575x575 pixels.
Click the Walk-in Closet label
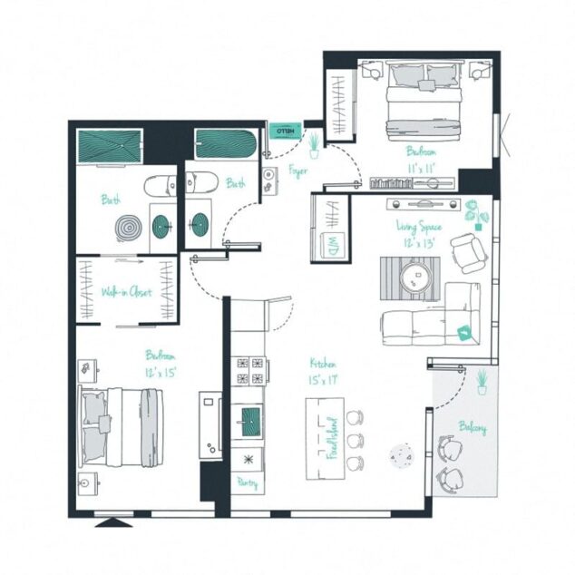point(126,292)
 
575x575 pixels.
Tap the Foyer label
point(297,170)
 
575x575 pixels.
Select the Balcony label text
point(473,427)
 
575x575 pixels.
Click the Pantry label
point(248,483)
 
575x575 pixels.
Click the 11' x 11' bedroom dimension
point(422,168)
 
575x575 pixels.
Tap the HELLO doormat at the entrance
point(287,130)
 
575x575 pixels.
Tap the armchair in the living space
point(467,252)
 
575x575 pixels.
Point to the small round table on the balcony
point(400,455)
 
